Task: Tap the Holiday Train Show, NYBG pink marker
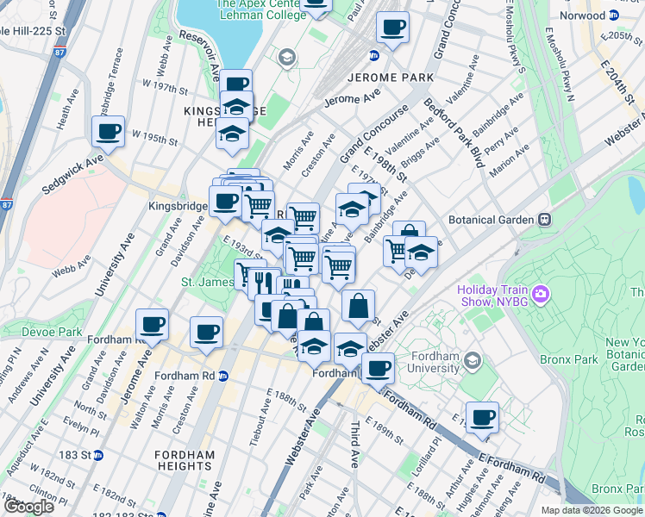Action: click(x=541, y=295)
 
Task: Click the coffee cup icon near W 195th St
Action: click(x=109, y=132)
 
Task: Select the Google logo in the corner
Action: click(x=28, y=507)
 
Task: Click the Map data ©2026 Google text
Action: click(x=591, y=510)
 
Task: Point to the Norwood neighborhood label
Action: click(x=583, y=16)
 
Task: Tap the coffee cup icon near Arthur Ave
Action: click(x=482, y=418)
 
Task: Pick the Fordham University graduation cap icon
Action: click(x=472, y=359)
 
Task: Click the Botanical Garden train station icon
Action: click(x=545, y=220)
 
